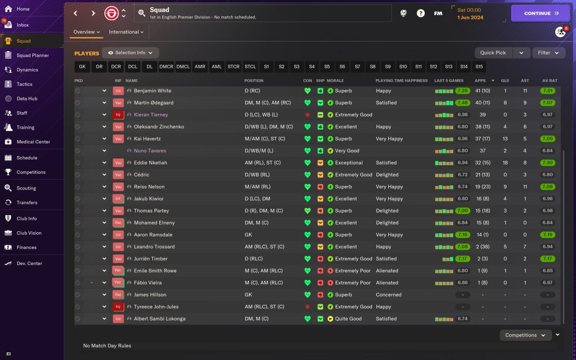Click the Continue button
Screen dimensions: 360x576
pyautogui.click(x=540, y=13)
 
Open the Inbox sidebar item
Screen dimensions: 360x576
pyautogui.click(x=22, y=25)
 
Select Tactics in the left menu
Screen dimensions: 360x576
pyautogui.click(x=24, y=84)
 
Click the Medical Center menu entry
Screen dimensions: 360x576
pyautogui.click(x=33, y=142)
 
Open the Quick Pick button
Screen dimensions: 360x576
pyautogui.click(x=493, y=53)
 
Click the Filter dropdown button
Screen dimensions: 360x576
pyautogui.click(x=548, y=53)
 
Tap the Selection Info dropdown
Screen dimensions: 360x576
pyautogui.click(x=130, y=53)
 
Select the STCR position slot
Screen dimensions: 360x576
pyautogui.click(x=234, y=67)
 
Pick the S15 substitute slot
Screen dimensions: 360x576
pyautogui.click(x=479, y=67)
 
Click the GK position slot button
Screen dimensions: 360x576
pyautogui.click(x=82, y=67)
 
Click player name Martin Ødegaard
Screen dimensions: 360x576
pyautogui.click(x=153, y=103)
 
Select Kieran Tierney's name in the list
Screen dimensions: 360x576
pyautogui.click(x=151, y=115)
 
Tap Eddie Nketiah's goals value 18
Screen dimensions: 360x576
pyautogui.click(x=505, y=163)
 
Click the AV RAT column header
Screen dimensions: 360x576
pyautogui.click(x=549, y=81)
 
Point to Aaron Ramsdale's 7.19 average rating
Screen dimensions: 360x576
pyautogui.click(x=548, y=235)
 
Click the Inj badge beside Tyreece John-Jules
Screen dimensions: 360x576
pyautogui.click(x=118, y=307)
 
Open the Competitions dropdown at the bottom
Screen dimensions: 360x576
pyautogui.click(x=525, y=335)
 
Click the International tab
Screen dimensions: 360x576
pyautogui.click(x=126, y=32)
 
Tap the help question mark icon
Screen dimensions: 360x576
pyautogui.click(x=420, y=13)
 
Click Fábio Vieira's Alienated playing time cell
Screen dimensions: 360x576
pyautogui.click(x=387, y=283)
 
